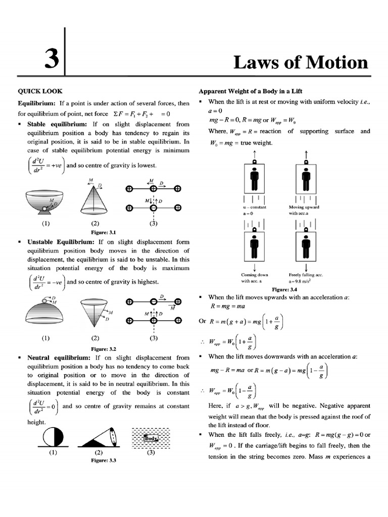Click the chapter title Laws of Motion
[x=301, y=62]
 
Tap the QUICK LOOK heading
[x=40, y=91]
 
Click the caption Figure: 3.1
[x=103, y=232]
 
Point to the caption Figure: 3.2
[x=103, y=348]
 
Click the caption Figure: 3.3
[x=103, y=460]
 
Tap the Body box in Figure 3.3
[x=151, y=438]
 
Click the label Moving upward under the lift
[x=304, y=207]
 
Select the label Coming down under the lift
[x=255, y=275]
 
